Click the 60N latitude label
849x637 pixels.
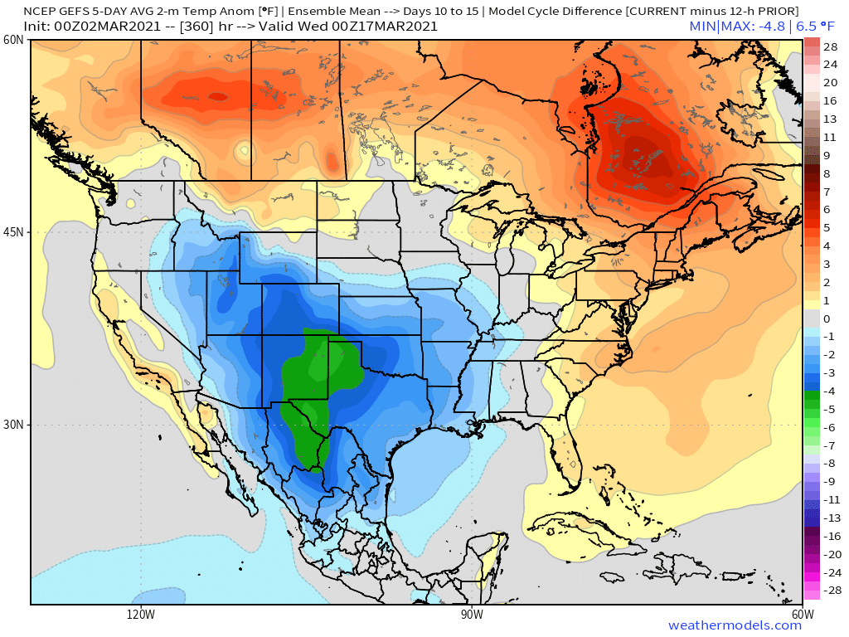pyautogui.click(x=13, y=41)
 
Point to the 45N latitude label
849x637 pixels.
pyautogui.click(x=13, y=232)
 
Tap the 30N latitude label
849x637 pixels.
pyautogui.click(x=13, y=425)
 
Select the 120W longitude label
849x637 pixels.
pyautogui.click(x=141, y=615)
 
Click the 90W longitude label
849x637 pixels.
pyautogui.click(x=472, y=615)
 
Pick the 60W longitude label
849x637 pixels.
pyautogui.click(x=802, y=615)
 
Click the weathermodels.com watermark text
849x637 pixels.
pyautogui.click(x=735, y=625)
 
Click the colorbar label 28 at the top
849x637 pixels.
pyautogui.click(x=830, y=47)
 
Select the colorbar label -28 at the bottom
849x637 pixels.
pyautogui.click(x=830, y=590)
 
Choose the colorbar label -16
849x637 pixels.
pyautogui.click(x=830, y=536)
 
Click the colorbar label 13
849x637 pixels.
pyautogui.click(x=830, y=119)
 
